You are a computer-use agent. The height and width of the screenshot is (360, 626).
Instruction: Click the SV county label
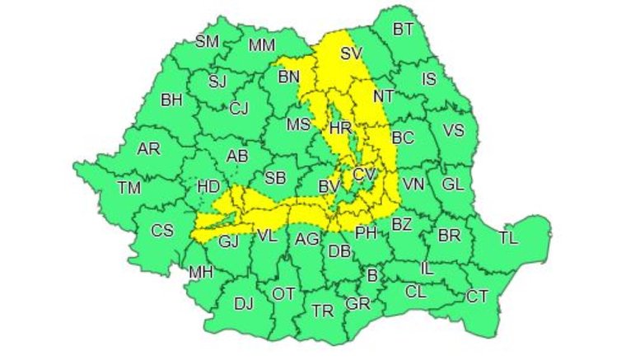pyautogui.click(x=352, y=54)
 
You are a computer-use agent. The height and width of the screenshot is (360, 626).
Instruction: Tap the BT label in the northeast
pyautogui.click(x=403, y=30)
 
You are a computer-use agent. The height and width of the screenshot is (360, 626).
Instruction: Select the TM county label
pyautogui.click(x=128, y=188)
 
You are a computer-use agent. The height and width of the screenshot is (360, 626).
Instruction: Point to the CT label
pyautogui.click(x=477, y=296)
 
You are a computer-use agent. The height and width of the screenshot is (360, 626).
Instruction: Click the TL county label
pyautogui.click(x=509, y=239)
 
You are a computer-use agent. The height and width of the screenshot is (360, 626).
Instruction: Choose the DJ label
pyautogui.click(x=243, y=303)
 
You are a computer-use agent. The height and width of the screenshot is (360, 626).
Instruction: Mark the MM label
pyautogui.click(x=261, y=44)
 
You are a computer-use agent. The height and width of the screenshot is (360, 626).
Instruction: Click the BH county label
pyautogui.click(x=171, y=101)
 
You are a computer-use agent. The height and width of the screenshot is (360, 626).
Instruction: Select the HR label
pyautogui.click(x=340, y=128)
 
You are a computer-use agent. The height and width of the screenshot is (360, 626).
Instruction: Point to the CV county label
pyautogui.click(x=363, y=175)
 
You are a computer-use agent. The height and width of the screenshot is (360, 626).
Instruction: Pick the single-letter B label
pyautogui.click(x=371, y=275)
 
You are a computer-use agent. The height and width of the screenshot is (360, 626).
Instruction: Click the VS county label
pyautogui.click(x=453, y=130)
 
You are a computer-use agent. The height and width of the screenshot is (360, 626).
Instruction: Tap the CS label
pyautogui.click(x=162, y=231)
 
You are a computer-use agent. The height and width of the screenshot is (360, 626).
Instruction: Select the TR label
pyautogui.click(x=323, y=310)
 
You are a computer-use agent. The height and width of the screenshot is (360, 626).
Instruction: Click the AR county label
pyautogui.click(x=148, y=149)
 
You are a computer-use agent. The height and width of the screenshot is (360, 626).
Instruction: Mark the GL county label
pyautogui.click(x=452, y=185)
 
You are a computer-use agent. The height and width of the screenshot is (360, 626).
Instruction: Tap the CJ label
pyautogui.click(x=239, y=109)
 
